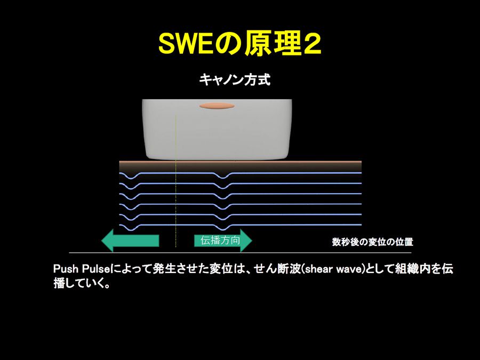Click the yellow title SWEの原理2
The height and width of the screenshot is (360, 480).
point(239,44)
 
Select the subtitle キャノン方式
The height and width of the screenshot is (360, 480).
point(235,80)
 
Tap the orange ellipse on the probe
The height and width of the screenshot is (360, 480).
point(217,106)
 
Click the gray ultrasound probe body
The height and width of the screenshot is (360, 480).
point(217,129)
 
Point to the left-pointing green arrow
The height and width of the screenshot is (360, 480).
point(130,241)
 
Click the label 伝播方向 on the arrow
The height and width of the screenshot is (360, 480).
point(220,241)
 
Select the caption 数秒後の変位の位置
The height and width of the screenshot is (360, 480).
point(373,242)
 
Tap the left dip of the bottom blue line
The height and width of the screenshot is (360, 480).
point(131,229)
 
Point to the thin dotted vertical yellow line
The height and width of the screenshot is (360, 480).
point(175,181)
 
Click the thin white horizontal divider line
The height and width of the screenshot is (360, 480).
point(241,253)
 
